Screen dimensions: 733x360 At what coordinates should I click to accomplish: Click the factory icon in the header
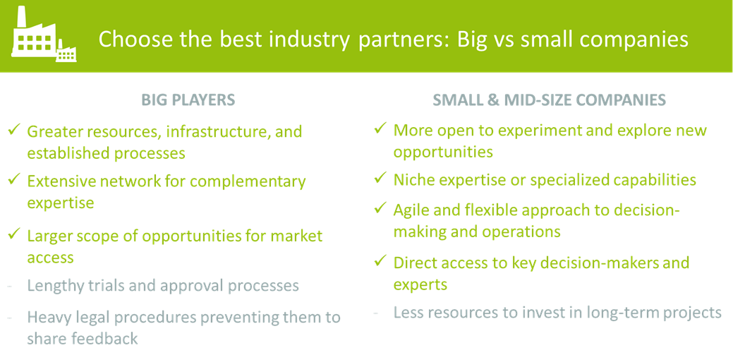[x=44, y=35]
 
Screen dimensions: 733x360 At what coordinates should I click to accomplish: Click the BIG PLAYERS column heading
[x=188, y=100]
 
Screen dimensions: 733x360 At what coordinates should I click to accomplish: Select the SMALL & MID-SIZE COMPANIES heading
[x=550, y=100]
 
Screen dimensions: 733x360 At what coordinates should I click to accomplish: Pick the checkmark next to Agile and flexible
[x=380, y=208]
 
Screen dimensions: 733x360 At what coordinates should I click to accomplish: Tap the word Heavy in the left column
[x=49, y=318]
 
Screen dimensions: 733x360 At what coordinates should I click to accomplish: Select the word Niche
[x=413, y=179]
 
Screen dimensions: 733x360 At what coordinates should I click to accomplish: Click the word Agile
[x=412, y=211]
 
